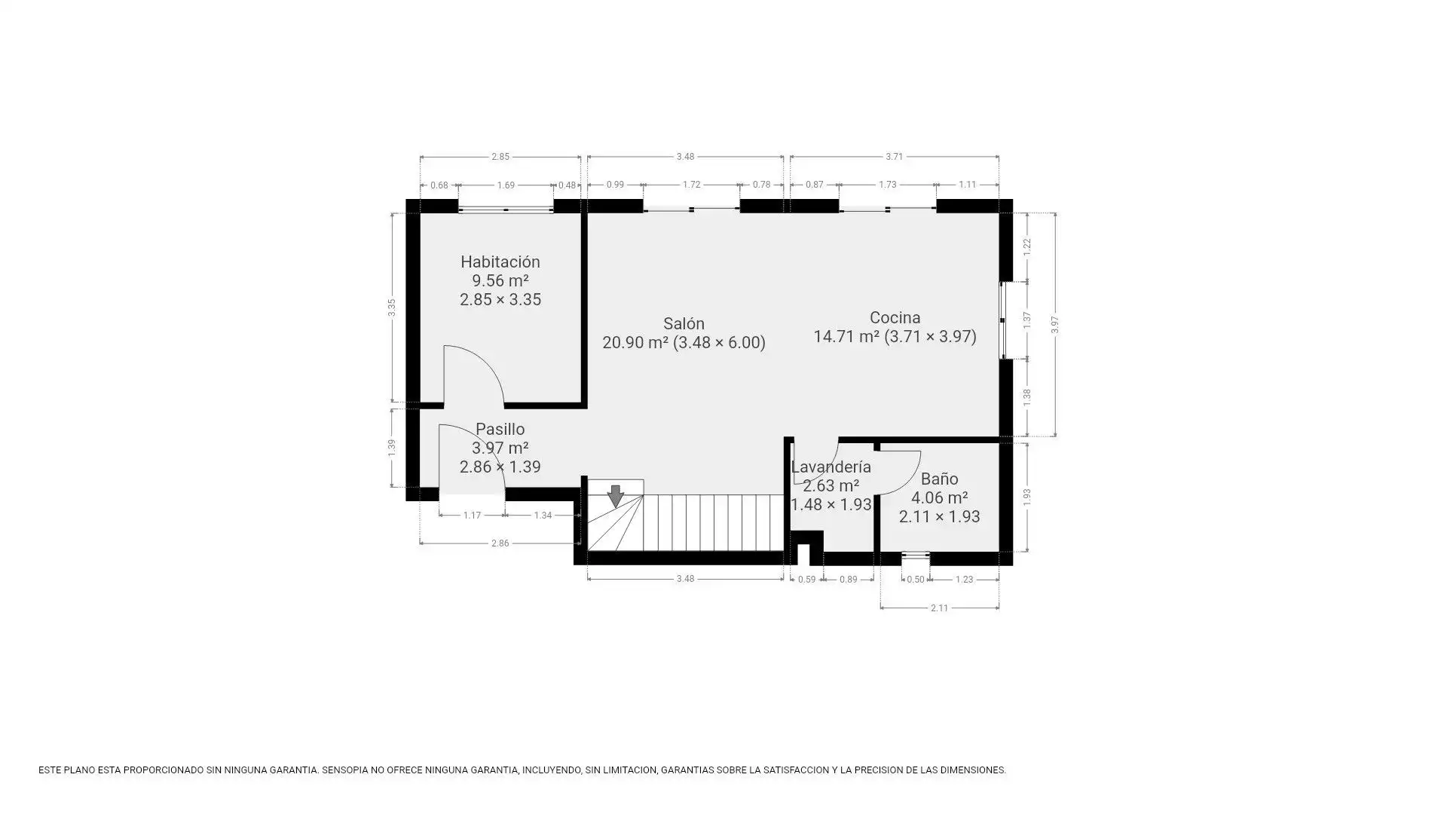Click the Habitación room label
500,262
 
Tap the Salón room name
684,324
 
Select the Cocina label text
895,318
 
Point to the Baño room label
939,479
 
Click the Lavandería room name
831,467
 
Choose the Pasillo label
500,430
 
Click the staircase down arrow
616,496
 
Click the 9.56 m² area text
500,281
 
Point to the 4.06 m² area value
939,498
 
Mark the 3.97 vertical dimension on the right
1055,325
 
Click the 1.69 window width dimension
506,185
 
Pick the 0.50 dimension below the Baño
915,580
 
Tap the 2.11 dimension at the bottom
939,608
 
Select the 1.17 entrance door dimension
472,516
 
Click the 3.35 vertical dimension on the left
392,308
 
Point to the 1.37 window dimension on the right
1026,320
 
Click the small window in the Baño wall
915,558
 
